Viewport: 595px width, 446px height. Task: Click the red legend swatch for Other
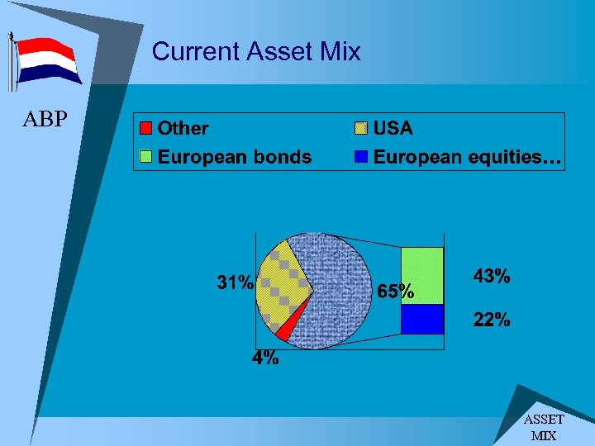146,128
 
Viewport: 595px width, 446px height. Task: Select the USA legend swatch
361,128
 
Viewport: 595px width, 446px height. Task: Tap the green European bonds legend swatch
146,157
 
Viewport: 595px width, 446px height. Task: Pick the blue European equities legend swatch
361,157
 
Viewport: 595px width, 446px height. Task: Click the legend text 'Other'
183,128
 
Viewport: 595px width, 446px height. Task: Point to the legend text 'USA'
393,128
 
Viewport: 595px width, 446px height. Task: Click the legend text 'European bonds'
235,157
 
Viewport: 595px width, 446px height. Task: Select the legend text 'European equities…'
468,157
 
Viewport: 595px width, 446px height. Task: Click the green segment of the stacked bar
421,275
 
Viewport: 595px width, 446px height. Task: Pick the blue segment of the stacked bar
421,319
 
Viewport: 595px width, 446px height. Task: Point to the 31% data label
235,282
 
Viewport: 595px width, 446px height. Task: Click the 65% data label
395,292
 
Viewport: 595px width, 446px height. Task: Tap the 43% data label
491,277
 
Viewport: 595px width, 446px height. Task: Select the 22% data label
491,320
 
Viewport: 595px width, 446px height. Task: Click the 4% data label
265,358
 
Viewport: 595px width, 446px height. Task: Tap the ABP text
45,120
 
